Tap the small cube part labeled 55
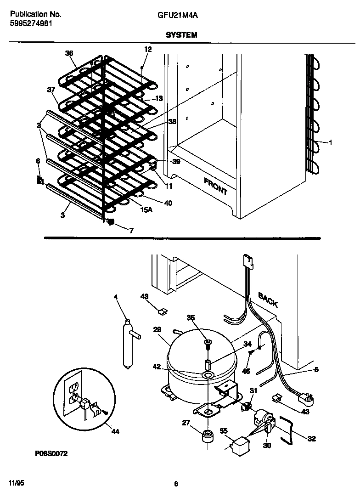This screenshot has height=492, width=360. click(x=240, y=445)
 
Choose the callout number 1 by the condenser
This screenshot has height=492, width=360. click(x=330, y=143)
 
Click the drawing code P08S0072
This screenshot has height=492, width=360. click(x=51, y=454)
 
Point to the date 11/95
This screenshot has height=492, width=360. click(x=16, y=483)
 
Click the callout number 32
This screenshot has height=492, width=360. click(x=311, y=439)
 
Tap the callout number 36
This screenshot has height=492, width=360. click(x=69, y=53)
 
